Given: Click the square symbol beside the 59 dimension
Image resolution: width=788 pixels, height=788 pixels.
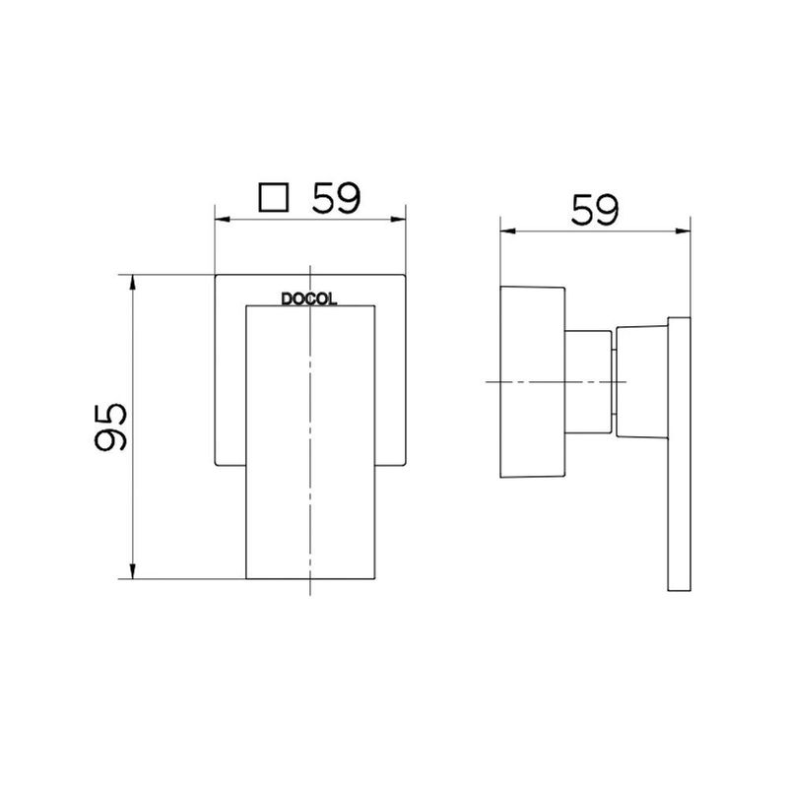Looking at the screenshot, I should click(273, 197).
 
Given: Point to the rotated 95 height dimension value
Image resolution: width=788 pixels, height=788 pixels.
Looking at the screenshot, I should click(110, 427).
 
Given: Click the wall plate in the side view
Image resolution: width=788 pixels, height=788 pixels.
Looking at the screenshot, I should click(532, 381).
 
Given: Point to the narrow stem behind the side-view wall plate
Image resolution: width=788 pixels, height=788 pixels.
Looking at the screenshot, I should click(589, 381).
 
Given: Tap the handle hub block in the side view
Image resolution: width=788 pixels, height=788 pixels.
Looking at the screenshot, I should click(641, 380).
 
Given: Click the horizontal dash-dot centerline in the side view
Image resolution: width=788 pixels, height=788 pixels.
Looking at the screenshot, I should click(552, 381).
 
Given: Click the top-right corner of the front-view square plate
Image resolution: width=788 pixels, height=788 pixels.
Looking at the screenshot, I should click(404, 271).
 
